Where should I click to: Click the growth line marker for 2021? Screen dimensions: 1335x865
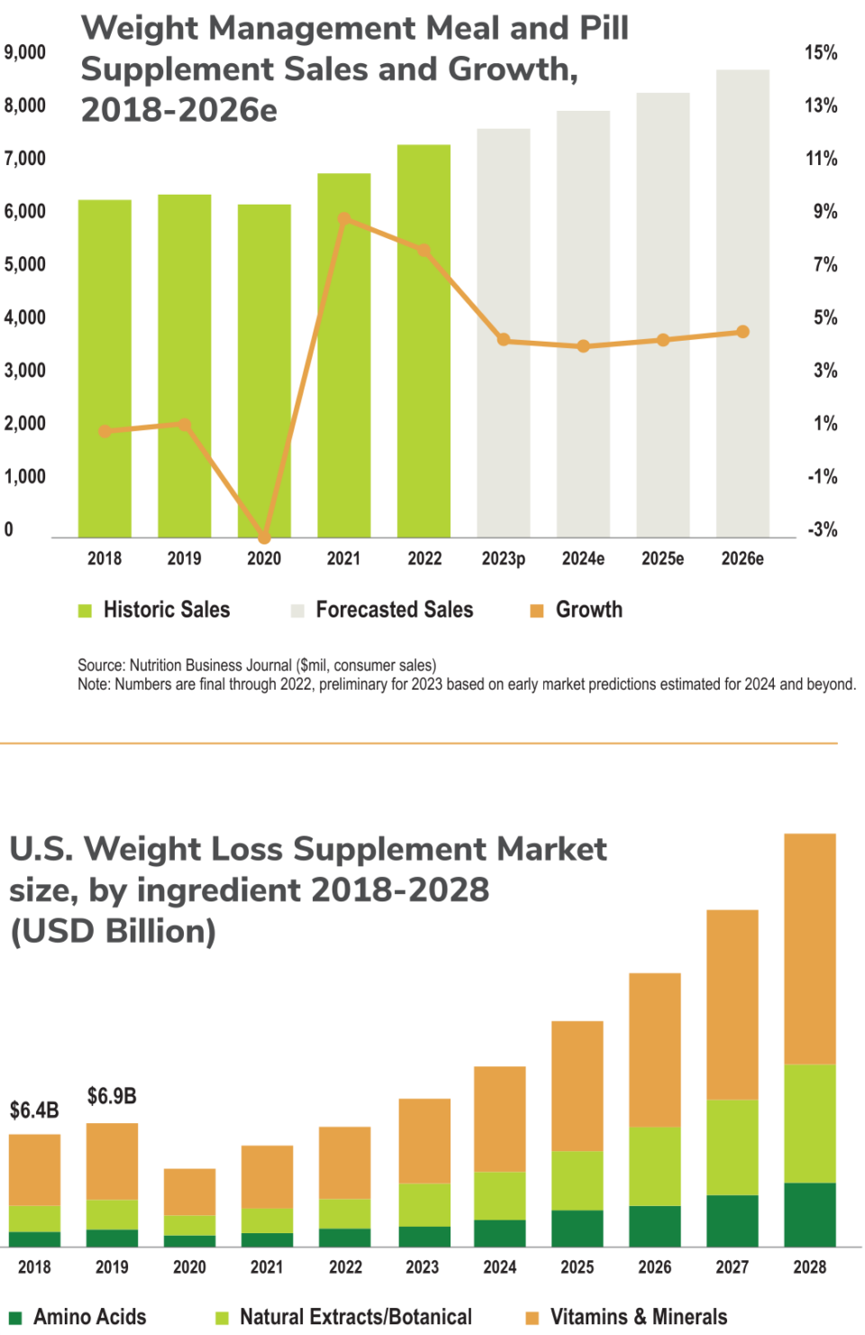(x=344, y=219)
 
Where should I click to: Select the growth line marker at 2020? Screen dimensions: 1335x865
(x=264, y=537)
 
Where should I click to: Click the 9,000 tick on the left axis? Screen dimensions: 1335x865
(x=25, y=52)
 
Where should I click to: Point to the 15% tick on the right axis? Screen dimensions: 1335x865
(x=821, y=52)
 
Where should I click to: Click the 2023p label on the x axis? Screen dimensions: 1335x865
(x=503, y=559)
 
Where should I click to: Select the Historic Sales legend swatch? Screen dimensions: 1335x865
(x=86, y=611)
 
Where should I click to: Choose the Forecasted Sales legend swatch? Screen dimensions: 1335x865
(x=297, y=611)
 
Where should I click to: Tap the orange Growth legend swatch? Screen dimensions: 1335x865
(x=537, y=611)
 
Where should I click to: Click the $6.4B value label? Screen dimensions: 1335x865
(x=34, y=1110)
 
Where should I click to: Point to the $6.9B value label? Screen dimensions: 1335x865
(x=112, y=1096)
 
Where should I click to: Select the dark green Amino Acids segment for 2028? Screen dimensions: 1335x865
(x=809, y=1214)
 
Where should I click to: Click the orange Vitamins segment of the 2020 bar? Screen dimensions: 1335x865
(x=189, y=1192)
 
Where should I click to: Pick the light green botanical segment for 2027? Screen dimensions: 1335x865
(x=732, y=1147)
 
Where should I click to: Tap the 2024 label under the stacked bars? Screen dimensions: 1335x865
(x=499, y=1267)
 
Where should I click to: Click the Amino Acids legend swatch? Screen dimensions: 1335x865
(x=15, y=1318)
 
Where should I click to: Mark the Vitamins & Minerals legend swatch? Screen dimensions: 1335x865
(x=533, y=1318)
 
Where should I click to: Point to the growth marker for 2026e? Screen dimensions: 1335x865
(x=742, y=332)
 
